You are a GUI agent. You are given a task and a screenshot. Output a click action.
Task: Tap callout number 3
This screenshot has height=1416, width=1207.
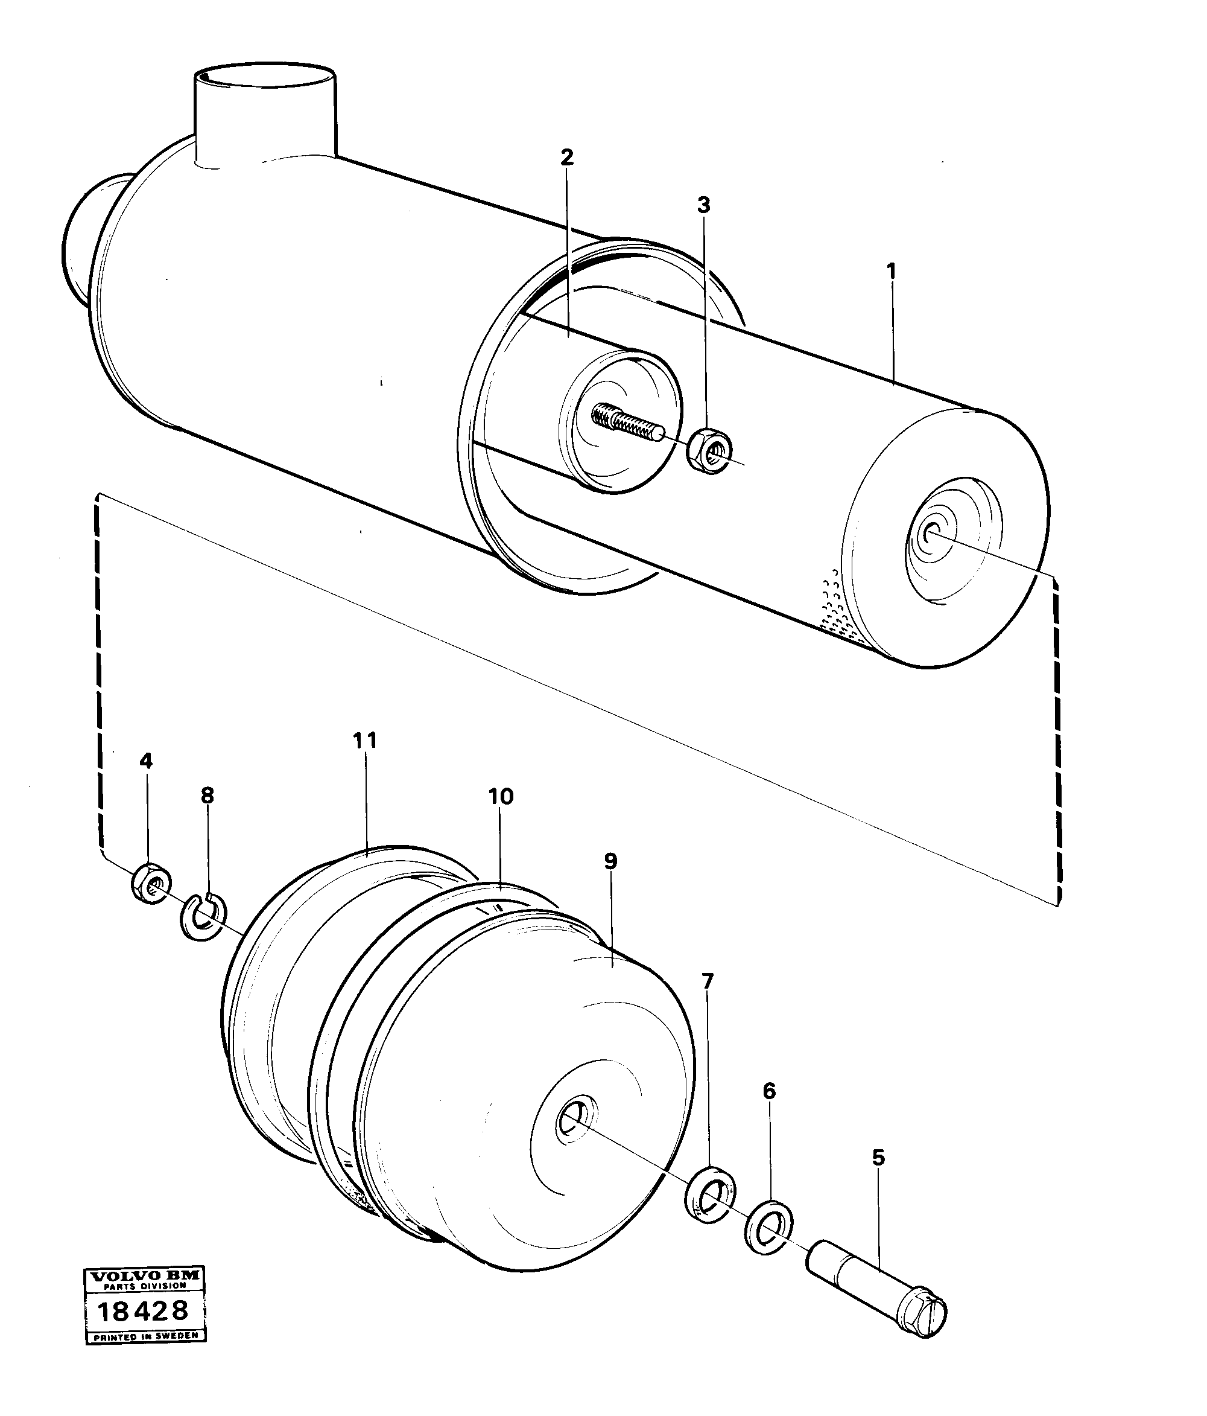(703, 205)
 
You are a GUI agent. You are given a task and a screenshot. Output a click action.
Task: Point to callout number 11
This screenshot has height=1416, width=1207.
(365, 740)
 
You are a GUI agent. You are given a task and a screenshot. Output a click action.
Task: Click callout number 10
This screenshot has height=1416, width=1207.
(501, 796)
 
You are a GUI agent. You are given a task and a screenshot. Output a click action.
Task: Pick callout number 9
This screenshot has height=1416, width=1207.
(610, 862)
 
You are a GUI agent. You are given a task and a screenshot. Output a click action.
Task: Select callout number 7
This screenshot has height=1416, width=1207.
(707, 982)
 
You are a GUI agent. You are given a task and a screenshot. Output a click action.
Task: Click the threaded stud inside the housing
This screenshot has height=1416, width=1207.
(625, 423)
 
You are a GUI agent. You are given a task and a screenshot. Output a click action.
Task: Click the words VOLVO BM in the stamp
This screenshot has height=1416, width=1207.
(145, 1276)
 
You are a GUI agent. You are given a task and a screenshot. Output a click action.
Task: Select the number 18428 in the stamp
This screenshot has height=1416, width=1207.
(143, 1311)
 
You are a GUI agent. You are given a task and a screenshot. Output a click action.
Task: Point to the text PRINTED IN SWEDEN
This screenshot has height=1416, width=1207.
(145, 1336)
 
